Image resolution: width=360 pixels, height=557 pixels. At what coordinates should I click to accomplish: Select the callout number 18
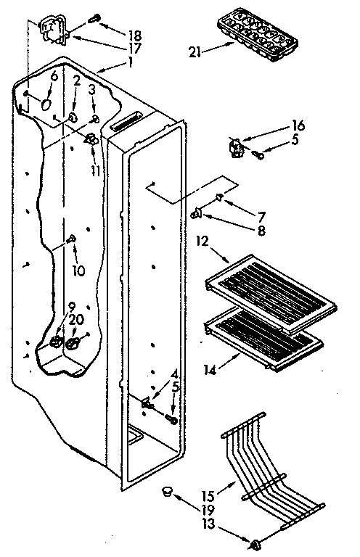coord(134,35)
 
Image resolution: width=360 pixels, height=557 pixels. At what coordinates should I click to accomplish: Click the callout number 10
coord(78,271)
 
